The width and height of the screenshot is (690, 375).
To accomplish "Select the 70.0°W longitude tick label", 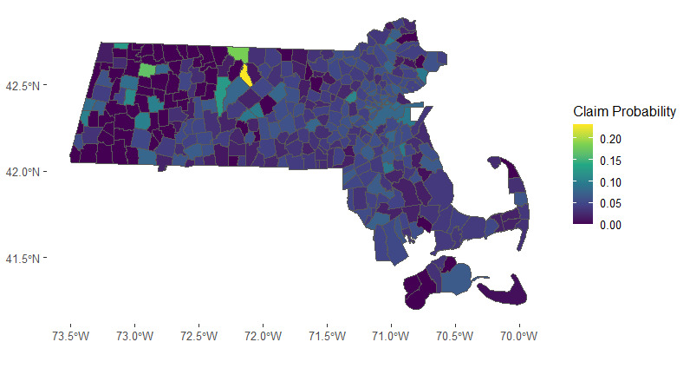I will pyautogui.click(x=518, y=335).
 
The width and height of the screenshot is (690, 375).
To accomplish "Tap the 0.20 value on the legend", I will pyautogui.click(x=610, y=139).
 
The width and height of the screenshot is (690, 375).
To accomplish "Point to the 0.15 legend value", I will pyautogui.click(x=610, y=161).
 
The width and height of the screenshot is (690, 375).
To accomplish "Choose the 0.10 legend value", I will pyautogui.click(x=610, y=182).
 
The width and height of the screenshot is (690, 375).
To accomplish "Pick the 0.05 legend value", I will pyautogui.click(x=610, y=203).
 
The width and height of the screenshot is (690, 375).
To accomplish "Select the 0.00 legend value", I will pyautogui.click(x=610, y=225).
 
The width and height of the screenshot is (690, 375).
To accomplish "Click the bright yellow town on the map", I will pyautogui.click(x=245, y=75).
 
